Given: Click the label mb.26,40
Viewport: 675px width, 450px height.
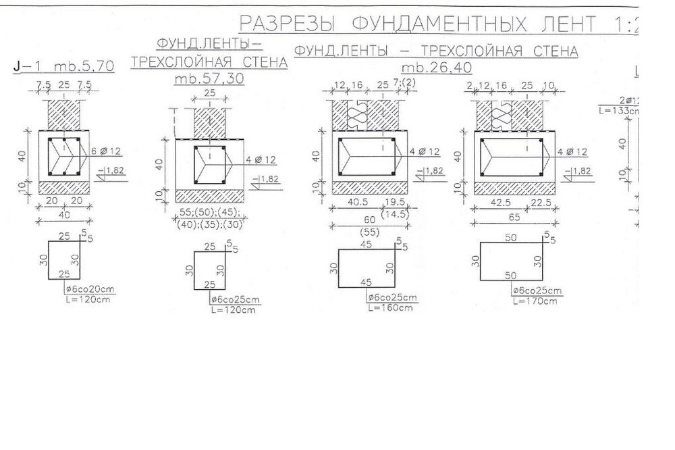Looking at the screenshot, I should [436, 68].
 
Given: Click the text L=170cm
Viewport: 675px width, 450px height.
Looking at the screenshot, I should [536, 301].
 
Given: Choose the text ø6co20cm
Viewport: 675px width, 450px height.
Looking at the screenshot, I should [90, 290].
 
